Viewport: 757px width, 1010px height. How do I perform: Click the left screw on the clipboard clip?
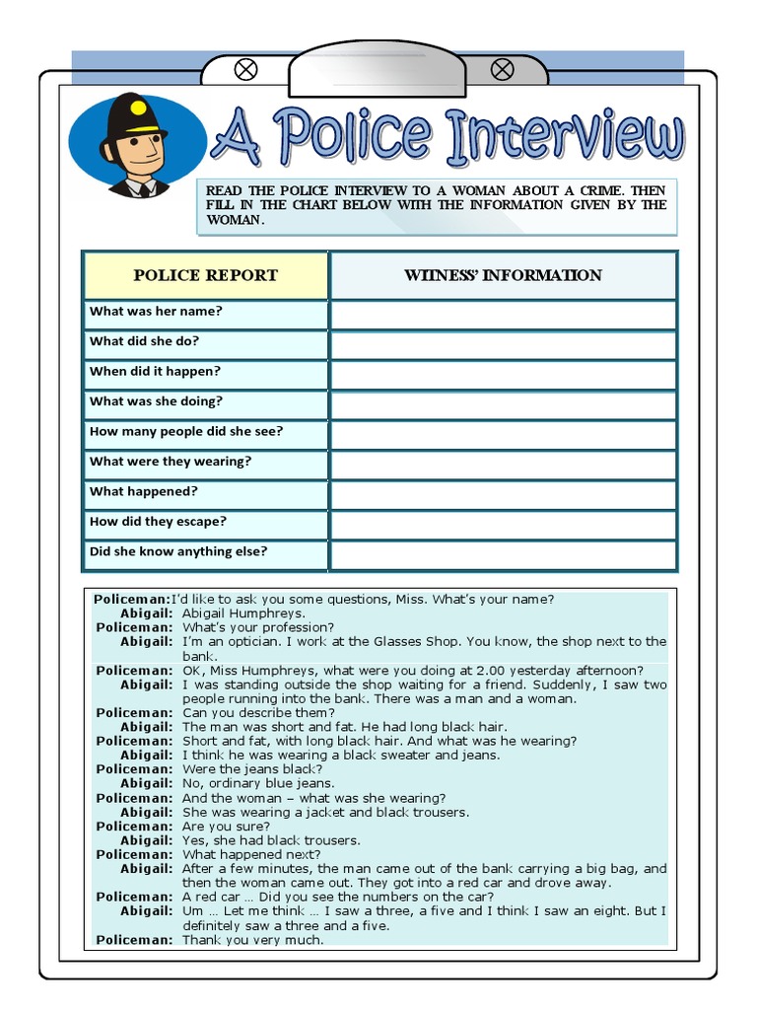(x=246, y=69)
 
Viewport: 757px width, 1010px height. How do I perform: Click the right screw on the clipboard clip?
(x=502, y=69)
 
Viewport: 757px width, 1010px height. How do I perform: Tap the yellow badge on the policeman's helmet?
(x=138, y=107)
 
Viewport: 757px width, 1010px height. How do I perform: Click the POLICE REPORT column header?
(x=205, y=275)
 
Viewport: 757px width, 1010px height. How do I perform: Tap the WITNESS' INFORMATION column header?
(x=503, y=275)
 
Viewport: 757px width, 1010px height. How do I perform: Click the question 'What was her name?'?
(x=156, y=312)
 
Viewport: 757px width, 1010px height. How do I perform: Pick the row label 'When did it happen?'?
(x=155, y=372)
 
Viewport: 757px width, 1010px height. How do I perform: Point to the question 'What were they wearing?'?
(x=171, y=462)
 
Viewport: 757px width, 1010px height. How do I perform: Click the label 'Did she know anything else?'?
(x=178, y=551)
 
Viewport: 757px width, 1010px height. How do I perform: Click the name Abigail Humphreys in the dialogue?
(x=243, y=613)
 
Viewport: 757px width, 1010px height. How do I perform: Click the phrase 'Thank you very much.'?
(x=252, y=940)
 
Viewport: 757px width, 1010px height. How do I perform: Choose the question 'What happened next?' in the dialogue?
(x=251, y=854)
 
